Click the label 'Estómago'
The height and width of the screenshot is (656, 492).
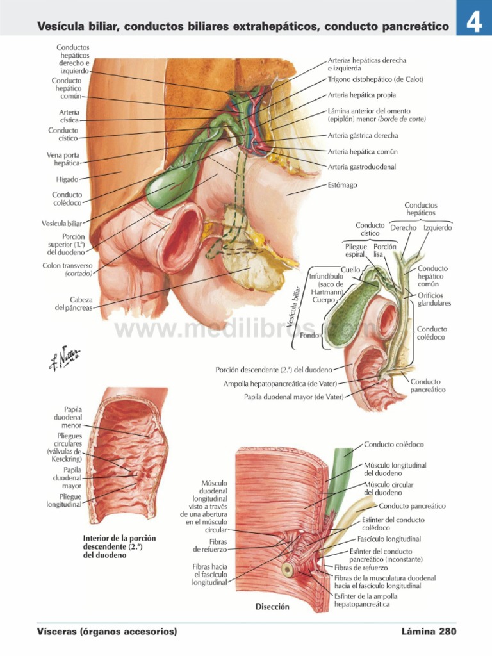pos(342,185)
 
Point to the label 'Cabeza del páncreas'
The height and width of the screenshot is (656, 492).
pos(74,303)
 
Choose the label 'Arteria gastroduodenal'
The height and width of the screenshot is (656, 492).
pos(361,167)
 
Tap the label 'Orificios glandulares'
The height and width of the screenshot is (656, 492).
pos(434,299)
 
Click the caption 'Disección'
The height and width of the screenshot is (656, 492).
pos(273,607)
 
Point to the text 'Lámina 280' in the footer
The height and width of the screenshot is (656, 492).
pos(429,632)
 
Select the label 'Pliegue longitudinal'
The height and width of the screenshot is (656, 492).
pos(64,500)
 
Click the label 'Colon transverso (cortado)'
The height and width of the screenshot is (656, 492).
pos(67,269)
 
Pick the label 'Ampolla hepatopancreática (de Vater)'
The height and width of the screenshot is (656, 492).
pos(280,384)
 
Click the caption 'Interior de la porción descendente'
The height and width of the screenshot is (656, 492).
pos(120,546)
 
